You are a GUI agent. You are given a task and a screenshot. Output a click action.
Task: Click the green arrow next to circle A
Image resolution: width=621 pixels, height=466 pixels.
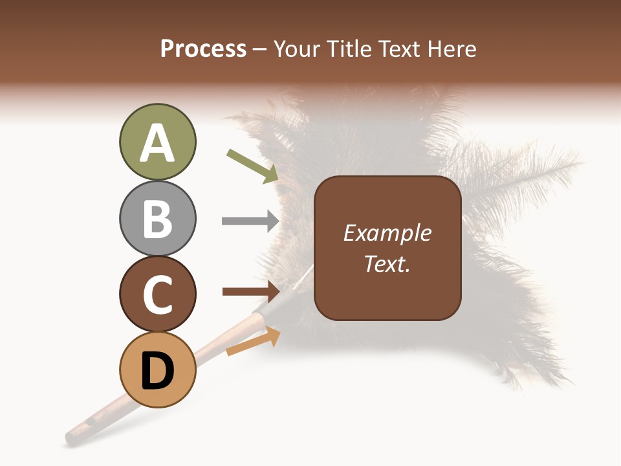pos(252,166)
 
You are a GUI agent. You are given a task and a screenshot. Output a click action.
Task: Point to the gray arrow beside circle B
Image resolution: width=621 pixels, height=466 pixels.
pos(250,221)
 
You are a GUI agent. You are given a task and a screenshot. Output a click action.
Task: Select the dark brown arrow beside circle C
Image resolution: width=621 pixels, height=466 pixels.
pos(251,292)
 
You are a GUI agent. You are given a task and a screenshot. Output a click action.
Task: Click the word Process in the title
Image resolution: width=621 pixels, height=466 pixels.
pos(203,49)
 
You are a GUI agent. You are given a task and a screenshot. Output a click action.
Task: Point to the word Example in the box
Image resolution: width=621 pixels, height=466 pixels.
pos(387,233)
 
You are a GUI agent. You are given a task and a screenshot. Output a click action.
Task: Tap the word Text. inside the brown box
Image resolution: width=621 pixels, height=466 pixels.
pos(387,263)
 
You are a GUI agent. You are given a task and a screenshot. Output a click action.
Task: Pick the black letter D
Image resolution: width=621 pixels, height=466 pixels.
pos(157,371)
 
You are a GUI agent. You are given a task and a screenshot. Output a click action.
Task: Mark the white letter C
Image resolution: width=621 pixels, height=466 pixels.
pos(157,294)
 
